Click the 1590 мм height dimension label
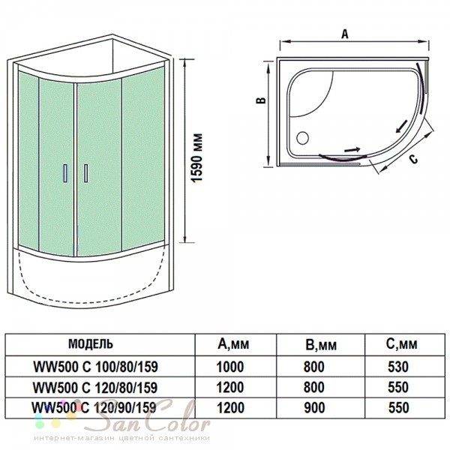click(x=197, y=158)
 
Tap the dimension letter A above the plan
click(x=345, y=34)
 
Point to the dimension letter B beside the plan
click(x=261, y=100)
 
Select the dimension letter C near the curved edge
click(x=413, y=159)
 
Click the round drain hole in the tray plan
click(x=302, y=138)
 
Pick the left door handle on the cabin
click(x=65, y=173)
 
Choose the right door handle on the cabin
click(x=85, y=173)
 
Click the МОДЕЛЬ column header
click(x=91, y=343)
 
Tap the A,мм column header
click(x=233, y=343)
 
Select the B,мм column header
click(x=321, y=345)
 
